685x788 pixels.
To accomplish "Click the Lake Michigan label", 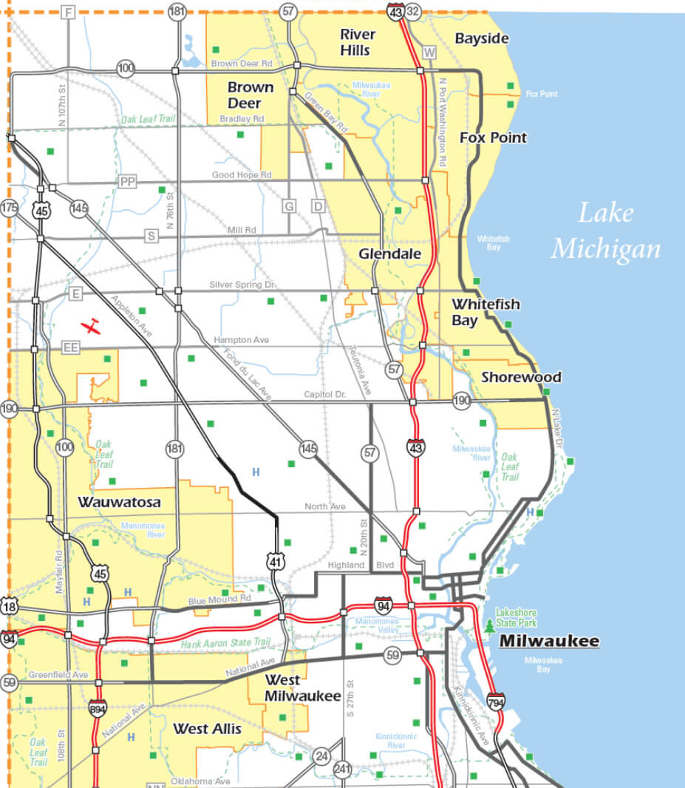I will pyautogui.click(x=605, y=231).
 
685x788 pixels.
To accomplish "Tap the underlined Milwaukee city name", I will pyautogui.click(x=549, y=641).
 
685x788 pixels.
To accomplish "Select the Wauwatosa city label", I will pyautogui.click(x=119, y=502).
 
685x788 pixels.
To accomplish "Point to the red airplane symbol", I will pyautogui.click(x=92, y=326).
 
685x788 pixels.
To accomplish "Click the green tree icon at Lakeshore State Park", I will pyautogui.click(x=489, y=627).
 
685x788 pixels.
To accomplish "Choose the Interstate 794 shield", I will pyautogui.click(x=497, y=701).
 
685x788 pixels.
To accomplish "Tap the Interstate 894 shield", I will pyautogui.click(x=97, y=709).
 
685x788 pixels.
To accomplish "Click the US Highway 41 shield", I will pyautogui.click(x=276, y=563).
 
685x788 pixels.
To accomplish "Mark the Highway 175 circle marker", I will pyautogui.click(x=9, y=208).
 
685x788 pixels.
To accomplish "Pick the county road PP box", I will pyautogui.click(x=128, y=182).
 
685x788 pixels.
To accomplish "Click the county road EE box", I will pyautogui.click(x=71, y=347).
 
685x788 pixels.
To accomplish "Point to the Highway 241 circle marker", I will pyautogui.click(x=341, y=770).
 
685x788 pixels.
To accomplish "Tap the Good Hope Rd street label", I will pyautogui.click(x=242, y=175).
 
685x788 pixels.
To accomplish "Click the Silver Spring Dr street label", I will pyautogui.click(x=242, y=284).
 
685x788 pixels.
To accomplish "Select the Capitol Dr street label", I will pyautogui.click(x=325, y=395).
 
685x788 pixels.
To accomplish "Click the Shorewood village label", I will pyautogui.click(x=521, y=377).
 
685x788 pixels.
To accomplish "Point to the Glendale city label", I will pyautogui.click(x=389, y=254).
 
